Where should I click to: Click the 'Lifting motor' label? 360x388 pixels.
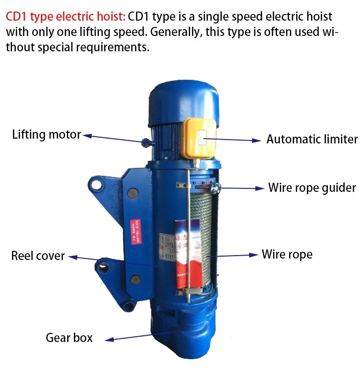pyautogui.click(x=47, y=135)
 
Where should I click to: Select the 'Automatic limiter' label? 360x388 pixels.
pyautogui.click(x=312, y=140)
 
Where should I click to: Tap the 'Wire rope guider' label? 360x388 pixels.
pyautogui.click(x=312, y=188)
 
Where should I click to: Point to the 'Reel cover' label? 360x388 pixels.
pyautogui.click(x=38, y=256)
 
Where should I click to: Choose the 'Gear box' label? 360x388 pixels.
pyautogui.click(x=69, y=338)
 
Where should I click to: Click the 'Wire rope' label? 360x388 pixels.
pyautogui.click(x=287, y=254)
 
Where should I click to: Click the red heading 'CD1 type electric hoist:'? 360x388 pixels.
pyautogui.click(x=66, y=17)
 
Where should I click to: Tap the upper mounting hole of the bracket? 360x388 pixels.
pyautogui.click(x=96, y=184)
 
